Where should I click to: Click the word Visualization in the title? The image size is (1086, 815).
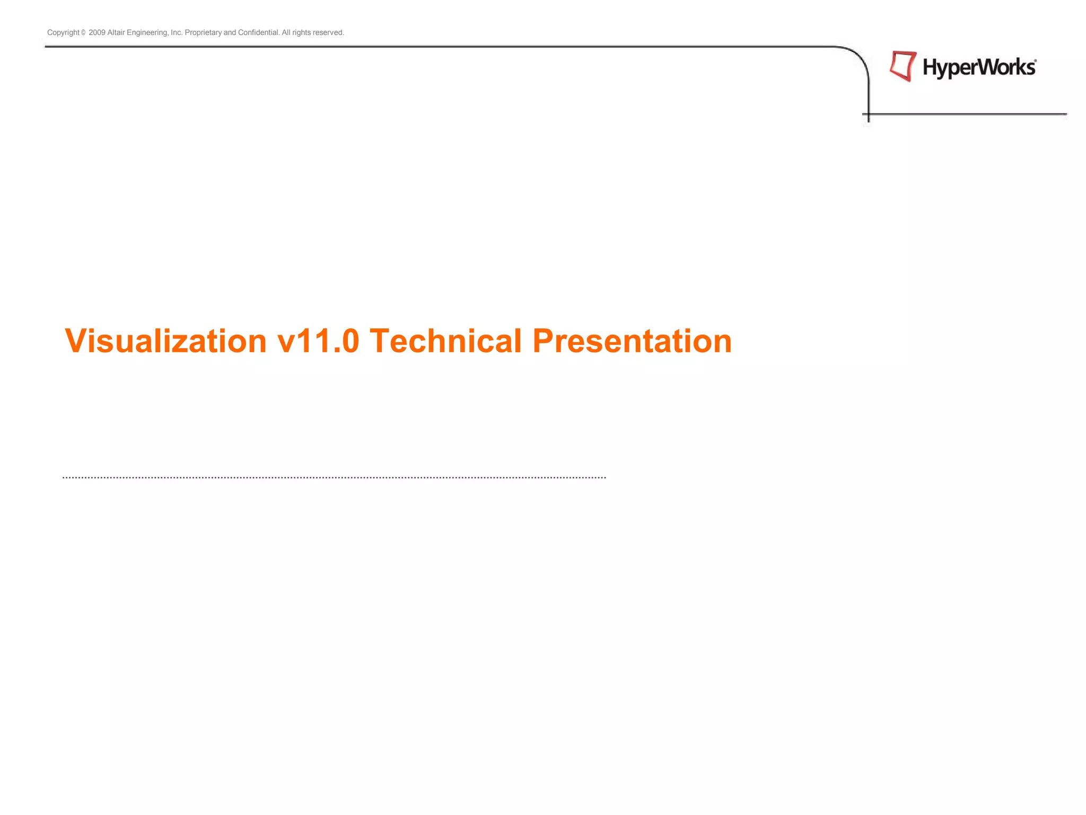[165, 341]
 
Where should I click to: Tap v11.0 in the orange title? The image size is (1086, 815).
[318, 341]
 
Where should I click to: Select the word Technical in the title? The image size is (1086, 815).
[445, 341]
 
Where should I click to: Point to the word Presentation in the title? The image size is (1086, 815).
[632, 341]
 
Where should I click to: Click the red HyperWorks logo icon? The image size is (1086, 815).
[903, 66]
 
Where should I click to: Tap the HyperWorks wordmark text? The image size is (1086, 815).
[978, 68]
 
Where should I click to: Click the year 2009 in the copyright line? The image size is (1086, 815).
[97, 32]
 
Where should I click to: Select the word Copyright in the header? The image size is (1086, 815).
[63, 32]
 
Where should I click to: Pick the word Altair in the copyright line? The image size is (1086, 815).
[116, 32]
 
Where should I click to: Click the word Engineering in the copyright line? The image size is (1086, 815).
[147, 32]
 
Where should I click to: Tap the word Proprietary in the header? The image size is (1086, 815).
[203, 32]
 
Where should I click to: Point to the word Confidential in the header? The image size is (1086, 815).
[258, 32]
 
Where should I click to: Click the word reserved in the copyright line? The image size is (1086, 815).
[328, 32]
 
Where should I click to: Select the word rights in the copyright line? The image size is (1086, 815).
[301, 32]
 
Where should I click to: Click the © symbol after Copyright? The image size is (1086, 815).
[83, 33]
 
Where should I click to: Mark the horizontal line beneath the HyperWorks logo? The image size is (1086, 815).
[965, 114]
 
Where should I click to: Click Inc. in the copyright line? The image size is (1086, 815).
[177, 32]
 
